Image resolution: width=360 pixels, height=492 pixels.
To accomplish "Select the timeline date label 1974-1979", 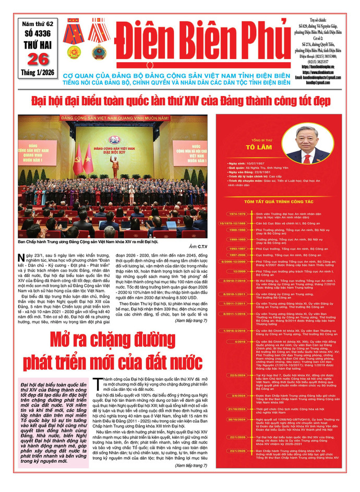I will (x=237, y=214).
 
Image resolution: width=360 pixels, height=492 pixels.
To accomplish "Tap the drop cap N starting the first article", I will (x=21, y=257).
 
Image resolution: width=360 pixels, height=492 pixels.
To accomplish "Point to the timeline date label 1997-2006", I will (x=237, y=255).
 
